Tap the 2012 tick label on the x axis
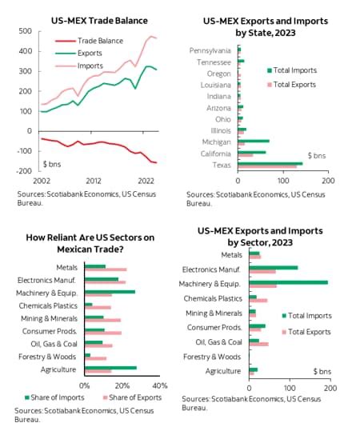(x=94, y=182)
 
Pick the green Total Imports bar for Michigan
(x=254, y=140)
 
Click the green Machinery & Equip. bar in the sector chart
(x=289, y=282)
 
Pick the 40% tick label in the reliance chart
(x=159, y=385)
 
